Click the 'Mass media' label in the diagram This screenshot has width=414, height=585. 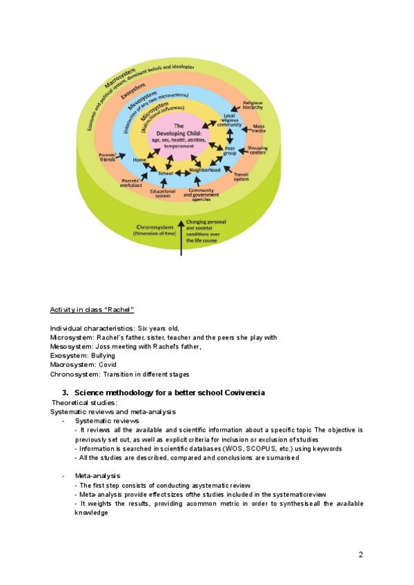pos(259,129)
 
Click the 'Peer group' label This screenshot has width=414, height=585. pos(230,151)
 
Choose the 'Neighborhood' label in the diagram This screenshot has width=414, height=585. pos(205,169)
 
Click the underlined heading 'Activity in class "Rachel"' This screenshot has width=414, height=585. pos(91,308)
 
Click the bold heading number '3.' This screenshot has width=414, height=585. pos(66,393)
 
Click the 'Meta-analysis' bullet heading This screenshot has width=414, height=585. pos(97,476)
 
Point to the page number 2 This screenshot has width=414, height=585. pos(360,554)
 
